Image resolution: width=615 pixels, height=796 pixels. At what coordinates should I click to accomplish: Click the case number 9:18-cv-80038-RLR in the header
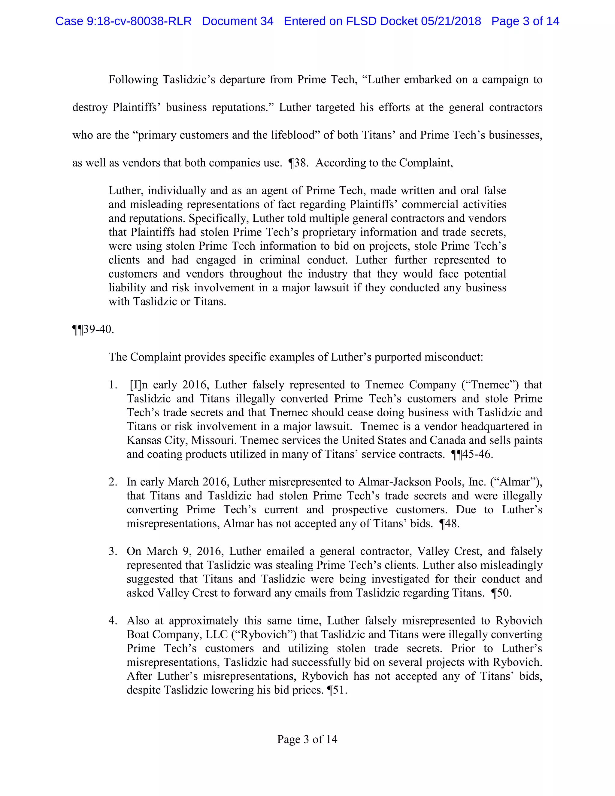138,21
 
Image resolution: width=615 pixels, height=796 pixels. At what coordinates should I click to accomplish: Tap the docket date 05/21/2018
451,21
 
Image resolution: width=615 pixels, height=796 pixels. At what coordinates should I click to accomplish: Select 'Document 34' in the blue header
238,21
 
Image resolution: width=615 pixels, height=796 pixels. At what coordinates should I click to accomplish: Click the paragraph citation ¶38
298,163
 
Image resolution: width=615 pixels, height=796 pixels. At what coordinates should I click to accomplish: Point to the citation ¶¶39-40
93,329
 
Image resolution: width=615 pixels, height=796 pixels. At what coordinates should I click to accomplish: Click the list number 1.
113,384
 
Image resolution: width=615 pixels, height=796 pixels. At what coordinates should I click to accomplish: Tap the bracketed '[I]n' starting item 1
138,384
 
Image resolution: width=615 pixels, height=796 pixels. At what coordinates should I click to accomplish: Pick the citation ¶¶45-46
472,454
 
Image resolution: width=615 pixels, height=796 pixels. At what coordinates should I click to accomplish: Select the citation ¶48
449,524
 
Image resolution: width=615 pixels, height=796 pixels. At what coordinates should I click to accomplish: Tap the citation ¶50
501,593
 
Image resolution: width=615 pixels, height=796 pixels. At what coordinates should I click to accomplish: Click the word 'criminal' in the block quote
280,260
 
